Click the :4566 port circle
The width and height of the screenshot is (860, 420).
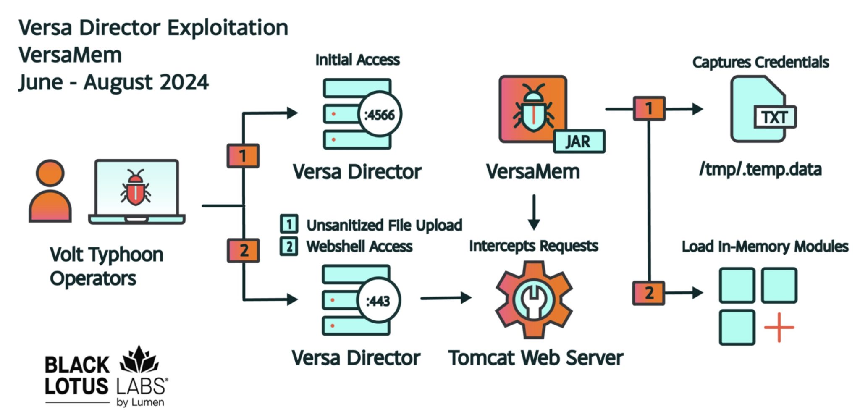point(380,114)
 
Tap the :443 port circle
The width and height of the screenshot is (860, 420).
point(378,301)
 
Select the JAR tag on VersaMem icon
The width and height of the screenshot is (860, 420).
point(579,142)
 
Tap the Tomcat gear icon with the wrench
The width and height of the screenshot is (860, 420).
point(533,299)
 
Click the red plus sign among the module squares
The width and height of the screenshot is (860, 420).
point(779,327)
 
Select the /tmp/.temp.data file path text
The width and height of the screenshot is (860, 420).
point(760,169)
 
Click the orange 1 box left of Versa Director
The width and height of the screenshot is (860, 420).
point(243,156)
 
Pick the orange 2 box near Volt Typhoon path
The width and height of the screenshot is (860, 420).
point(243,250)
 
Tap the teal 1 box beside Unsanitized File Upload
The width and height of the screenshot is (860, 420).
point(289,224)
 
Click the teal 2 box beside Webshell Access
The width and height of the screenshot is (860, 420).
point(289,246)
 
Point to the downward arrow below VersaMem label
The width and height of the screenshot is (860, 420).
point(534,213)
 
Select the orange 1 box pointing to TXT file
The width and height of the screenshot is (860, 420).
point(649,108)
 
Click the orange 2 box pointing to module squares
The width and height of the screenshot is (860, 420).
point(649,293)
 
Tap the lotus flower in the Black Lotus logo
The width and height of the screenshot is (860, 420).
point(139,360)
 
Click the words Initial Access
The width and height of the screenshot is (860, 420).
point(357,60)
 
